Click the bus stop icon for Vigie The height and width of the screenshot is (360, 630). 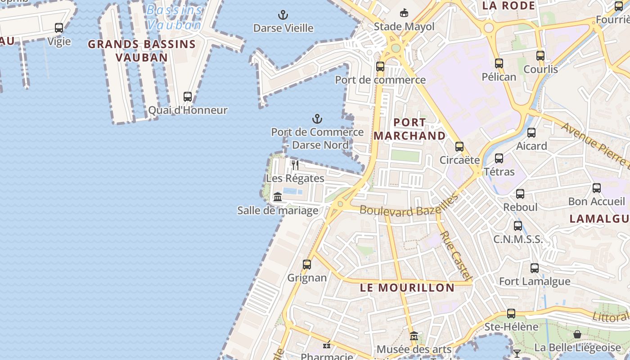[x=59, y=28]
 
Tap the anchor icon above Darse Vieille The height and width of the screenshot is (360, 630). [x=283, y=15]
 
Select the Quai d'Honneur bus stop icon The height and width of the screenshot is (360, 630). [x=188, y=97]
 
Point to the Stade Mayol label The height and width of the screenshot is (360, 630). [x=404, y=27]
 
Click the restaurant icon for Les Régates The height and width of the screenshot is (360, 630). [x=295, y=165]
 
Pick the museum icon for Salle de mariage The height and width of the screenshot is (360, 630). [x=278, y=197]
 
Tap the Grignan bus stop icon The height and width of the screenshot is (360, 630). [x=307, y=265]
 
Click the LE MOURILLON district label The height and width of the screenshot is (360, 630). [x=407, y=288]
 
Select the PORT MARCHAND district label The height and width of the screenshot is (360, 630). [x=409, y=129]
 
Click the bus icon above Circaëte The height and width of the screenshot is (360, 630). [x=459, y=147]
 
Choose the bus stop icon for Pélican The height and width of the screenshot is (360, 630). [x=499, y=63]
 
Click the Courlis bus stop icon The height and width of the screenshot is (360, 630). [x=540, y=56]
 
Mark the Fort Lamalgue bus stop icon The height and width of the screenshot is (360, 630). [x=535, y=268]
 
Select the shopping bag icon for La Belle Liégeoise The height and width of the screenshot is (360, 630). [x=577, y=334]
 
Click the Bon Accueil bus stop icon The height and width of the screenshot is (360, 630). [x=597, y=188]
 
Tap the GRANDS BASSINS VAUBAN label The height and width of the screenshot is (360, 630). [x=142, y=51]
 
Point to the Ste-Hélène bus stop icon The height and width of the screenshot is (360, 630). [x=511, y=314]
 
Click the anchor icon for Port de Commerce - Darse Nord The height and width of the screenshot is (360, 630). [x=317, y=119]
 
